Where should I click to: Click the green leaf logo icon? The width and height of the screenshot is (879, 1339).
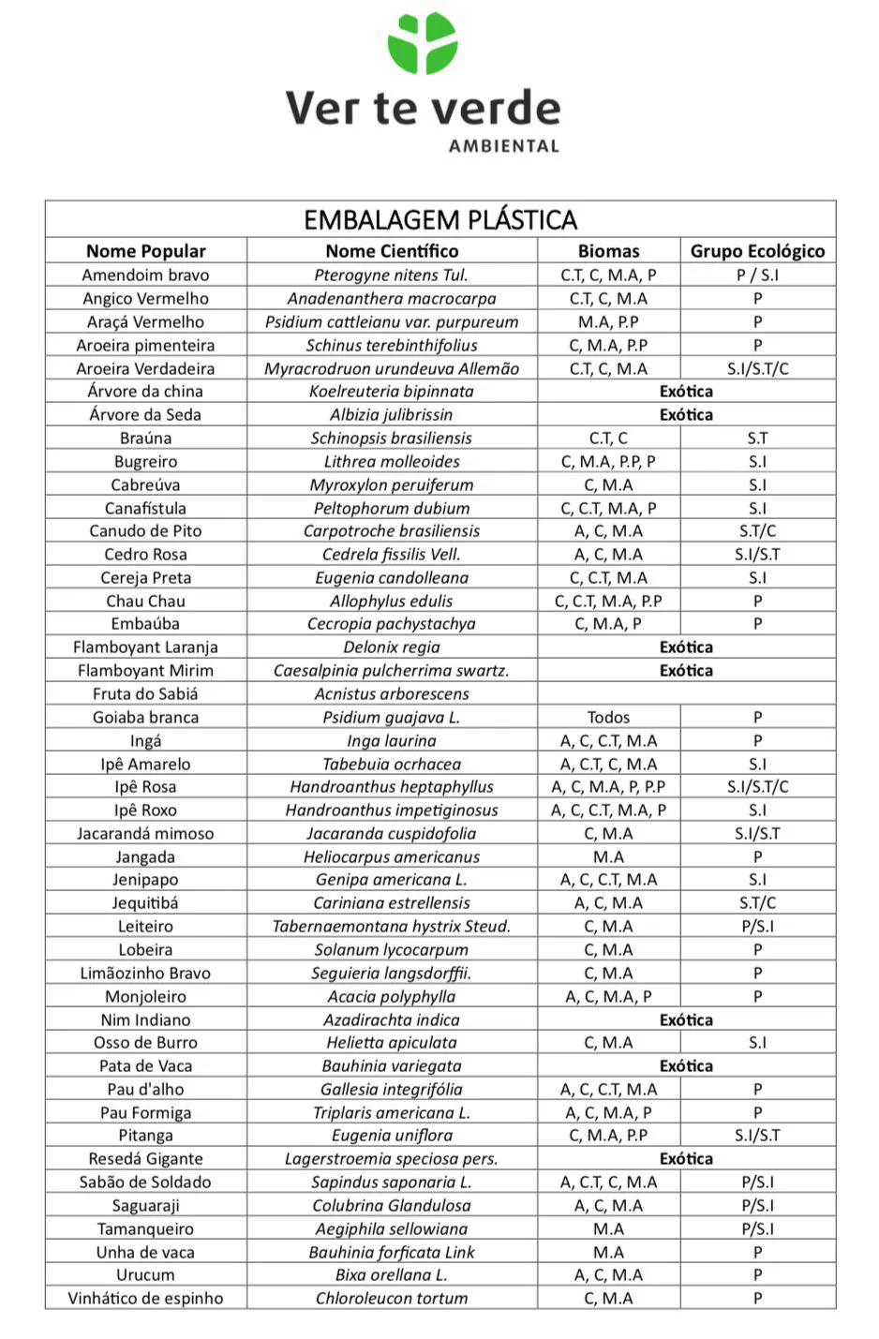pos(423,43)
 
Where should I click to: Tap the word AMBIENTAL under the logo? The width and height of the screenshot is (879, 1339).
pos(503,146)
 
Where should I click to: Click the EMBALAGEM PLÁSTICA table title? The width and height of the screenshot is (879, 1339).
pos(440,220)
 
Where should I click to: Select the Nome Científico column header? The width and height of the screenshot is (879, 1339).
pos(392,251)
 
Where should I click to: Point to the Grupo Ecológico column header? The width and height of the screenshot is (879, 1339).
pos(757,251)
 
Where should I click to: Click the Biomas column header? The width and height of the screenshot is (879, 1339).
pos(608,251)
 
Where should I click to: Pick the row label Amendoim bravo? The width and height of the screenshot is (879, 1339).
pos(145,275)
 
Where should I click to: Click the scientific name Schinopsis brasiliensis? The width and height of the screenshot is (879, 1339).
pos(392,439)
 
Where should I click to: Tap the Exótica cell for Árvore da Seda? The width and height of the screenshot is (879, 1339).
pos(686,415)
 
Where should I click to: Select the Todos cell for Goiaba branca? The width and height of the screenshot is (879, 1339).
pos(608,718)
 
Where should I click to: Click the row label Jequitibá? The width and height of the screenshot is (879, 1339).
pos(145,903)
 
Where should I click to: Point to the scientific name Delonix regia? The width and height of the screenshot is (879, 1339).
pos(392,647)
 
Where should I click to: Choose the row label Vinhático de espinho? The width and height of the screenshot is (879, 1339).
pos(145,1299)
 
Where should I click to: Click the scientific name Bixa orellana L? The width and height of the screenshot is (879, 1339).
pos(392,1275)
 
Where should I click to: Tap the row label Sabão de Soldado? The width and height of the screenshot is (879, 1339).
pos(145,1183)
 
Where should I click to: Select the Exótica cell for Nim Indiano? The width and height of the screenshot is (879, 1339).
pos(686,1020)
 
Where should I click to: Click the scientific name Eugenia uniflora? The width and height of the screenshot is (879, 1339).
pos(392,1136)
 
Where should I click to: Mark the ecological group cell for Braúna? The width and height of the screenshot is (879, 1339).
pos(757,439)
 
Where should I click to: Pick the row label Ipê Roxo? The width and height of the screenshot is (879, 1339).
pos(145,811)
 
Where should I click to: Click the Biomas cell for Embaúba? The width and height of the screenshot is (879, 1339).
pos(608,624)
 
